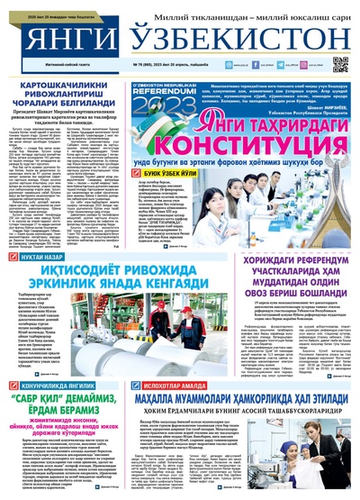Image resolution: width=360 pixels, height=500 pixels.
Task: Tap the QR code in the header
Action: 339,64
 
